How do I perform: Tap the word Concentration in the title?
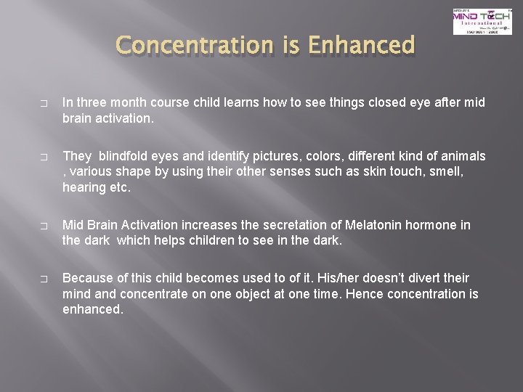(191, 46)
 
